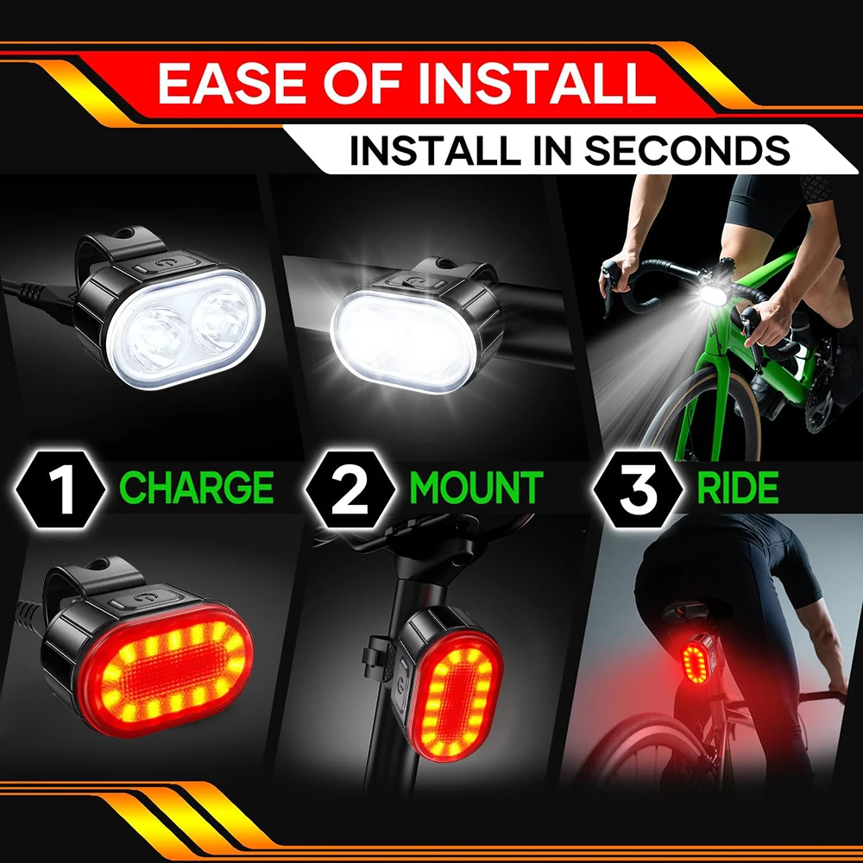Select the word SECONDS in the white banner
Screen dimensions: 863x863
(687, 150)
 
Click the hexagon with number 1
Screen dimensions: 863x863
(62, 487)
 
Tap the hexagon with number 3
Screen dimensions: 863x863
(639, 487)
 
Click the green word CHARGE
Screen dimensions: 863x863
(197, 488)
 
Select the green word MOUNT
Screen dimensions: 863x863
(476, 488)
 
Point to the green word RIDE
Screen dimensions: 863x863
(738, 488)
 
